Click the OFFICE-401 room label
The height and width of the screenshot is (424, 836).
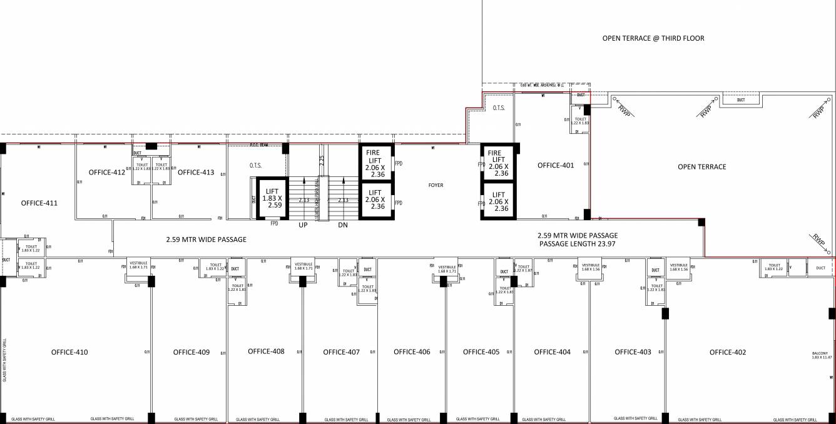pyautogui.click(x=555, y=165)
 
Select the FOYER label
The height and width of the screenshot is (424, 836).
pyautogui.click(x=436, y=185)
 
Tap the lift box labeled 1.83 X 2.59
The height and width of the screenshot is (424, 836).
pyautogui.click(x=272, y=198)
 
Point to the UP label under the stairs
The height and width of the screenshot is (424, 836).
pyautogui.click(x=303, y=223)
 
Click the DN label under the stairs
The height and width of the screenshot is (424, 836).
pyautogui.click(x=343, y=223)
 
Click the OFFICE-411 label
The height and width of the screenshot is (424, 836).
pyautogui.click(x=39, y=203)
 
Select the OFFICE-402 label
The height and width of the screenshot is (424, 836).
pyautogui.click(x=727, y=352)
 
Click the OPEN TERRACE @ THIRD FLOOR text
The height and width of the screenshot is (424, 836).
pyautogui.click(x=653, y=38)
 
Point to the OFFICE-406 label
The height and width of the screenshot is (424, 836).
pyautogui.click(x=412, y=352)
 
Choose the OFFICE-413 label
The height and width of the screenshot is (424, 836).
pyautogui.click(x=196, y=172)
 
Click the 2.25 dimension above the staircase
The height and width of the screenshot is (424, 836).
pyautogui.click(x=321, y=161)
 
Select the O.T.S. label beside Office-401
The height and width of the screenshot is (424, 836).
pyautogui.click(x=499, y=108)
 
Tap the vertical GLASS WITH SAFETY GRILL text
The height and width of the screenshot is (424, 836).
pyautogui.click(x=5, y=360)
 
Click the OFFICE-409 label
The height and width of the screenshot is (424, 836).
pyautogui.click(x=191, y=352)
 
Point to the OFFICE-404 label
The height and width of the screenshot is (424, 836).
pyautogui.click(x=552, y=352)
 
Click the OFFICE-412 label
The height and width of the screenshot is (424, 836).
pyautogui.click(x=106, y=172)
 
